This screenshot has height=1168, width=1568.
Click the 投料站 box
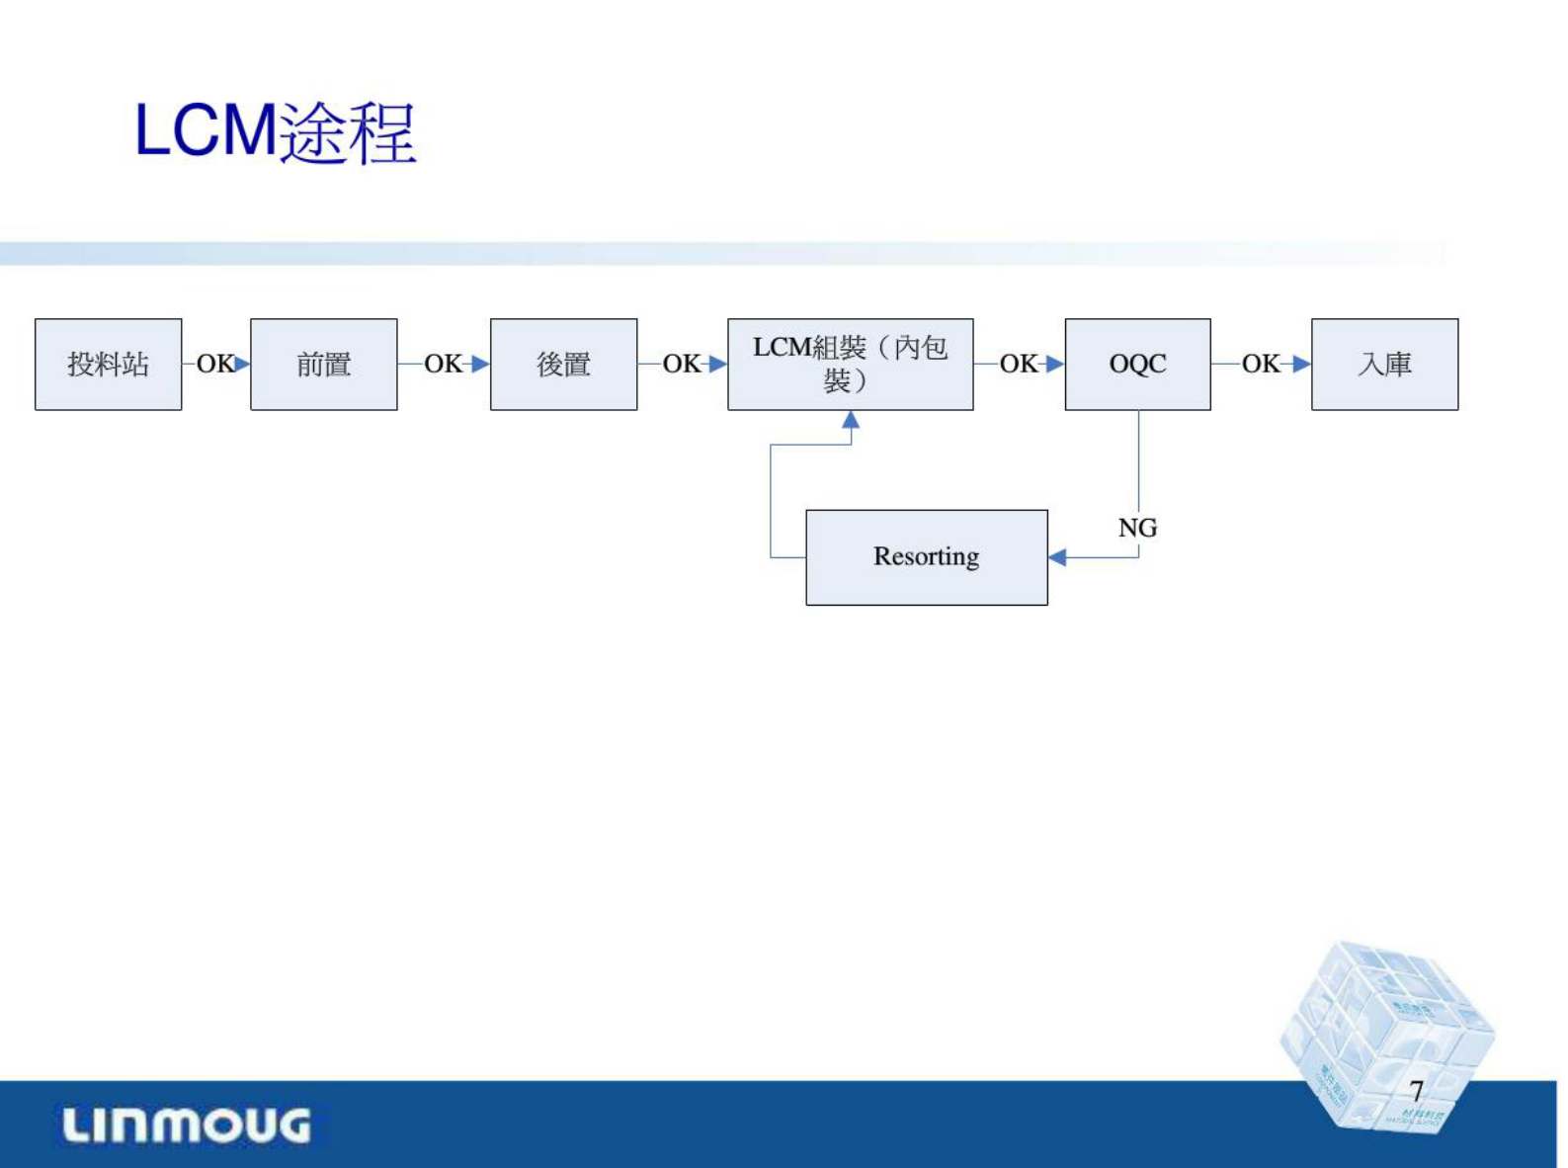(x=108, y=364)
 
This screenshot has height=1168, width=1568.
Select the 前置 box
(x=323, y=364)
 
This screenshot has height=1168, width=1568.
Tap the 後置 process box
(x=563, y=364)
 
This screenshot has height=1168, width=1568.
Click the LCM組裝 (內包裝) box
(x=850, y=364)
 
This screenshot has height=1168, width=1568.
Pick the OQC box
(x=1137, y=364)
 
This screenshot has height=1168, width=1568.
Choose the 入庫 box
(x=1384, y=364)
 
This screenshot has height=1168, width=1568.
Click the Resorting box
(x=926, y=557)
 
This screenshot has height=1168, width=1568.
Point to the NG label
(x=1137, y=528)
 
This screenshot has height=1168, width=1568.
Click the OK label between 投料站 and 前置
(x=214, y=364)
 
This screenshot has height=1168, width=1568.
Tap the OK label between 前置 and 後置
(x=443, y=364)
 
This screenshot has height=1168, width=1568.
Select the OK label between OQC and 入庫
(x=1261, y=364)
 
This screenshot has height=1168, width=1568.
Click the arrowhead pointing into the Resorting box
(x=1057, y=557)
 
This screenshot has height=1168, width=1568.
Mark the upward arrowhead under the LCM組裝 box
(x=851, y=420)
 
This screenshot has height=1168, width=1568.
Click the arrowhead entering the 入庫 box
(x=1301, y=364)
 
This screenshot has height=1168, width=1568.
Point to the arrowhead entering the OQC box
(x=1054, y=364)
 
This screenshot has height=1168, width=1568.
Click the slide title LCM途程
(x=275, y=131)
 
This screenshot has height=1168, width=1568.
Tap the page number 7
(x=1416, y=1091)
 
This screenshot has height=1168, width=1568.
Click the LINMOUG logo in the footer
(x=187, y=1126)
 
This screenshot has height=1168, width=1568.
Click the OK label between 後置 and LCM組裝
(x=681, y=364)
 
